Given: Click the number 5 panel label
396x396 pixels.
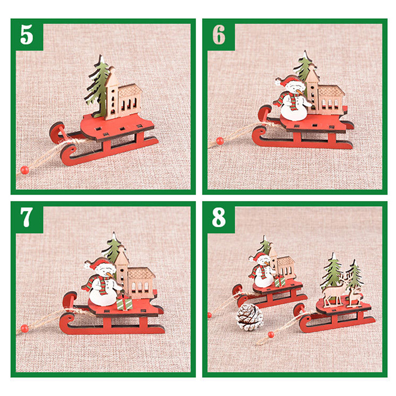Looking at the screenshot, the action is [x=27, y=35].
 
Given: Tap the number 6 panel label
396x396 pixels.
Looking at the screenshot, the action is [x=219, y=35].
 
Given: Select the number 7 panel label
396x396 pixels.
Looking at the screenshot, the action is [x=27, y=218].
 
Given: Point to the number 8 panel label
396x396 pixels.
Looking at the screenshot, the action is [x=219, y=218].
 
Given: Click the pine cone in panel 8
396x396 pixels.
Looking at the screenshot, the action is [x=249, y=317].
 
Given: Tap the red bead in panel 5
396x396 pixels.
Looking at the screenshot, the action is [x=24, y=170].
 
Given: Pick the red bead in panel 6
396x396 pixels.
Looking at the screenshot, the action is [x=220, y=141].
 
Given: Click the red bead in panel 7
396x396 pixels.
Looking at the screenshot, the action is [x=24, y=328].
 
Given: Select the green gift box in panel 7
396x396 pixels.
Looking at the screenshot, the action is [x=125, y=302].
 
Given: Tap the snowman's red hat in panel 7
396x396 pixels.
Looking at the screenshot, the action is [x=97, y=264].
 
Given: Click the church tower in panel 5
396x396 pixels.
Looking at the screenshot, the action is [x=111, y=94].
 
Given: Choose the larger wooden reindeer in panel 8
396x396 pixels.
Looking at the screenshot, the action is [x=333, y=291].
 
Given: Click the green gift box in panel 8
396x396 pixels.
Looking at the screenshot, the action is [x=280, y=281].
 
